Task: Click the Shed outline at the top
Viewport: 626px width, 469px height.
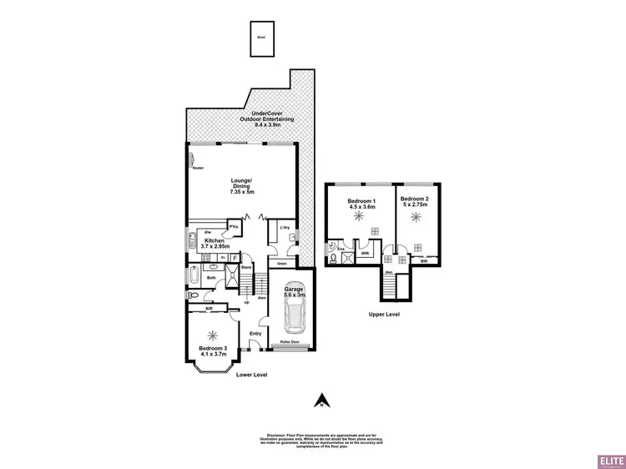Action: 261,38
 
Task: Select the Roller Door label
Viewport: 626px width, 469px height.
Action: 296,341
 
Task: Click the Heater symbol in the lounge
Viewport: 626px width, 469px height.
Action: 190,160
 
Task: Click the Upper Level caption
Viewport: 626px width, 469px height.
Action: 384,315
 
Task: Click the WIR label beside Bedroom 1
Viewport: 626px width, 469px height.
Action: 365,251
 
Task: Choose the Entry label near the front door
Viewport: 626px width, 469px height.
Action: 255,334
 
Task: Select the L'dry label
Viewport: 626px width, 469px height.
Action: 284,227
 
